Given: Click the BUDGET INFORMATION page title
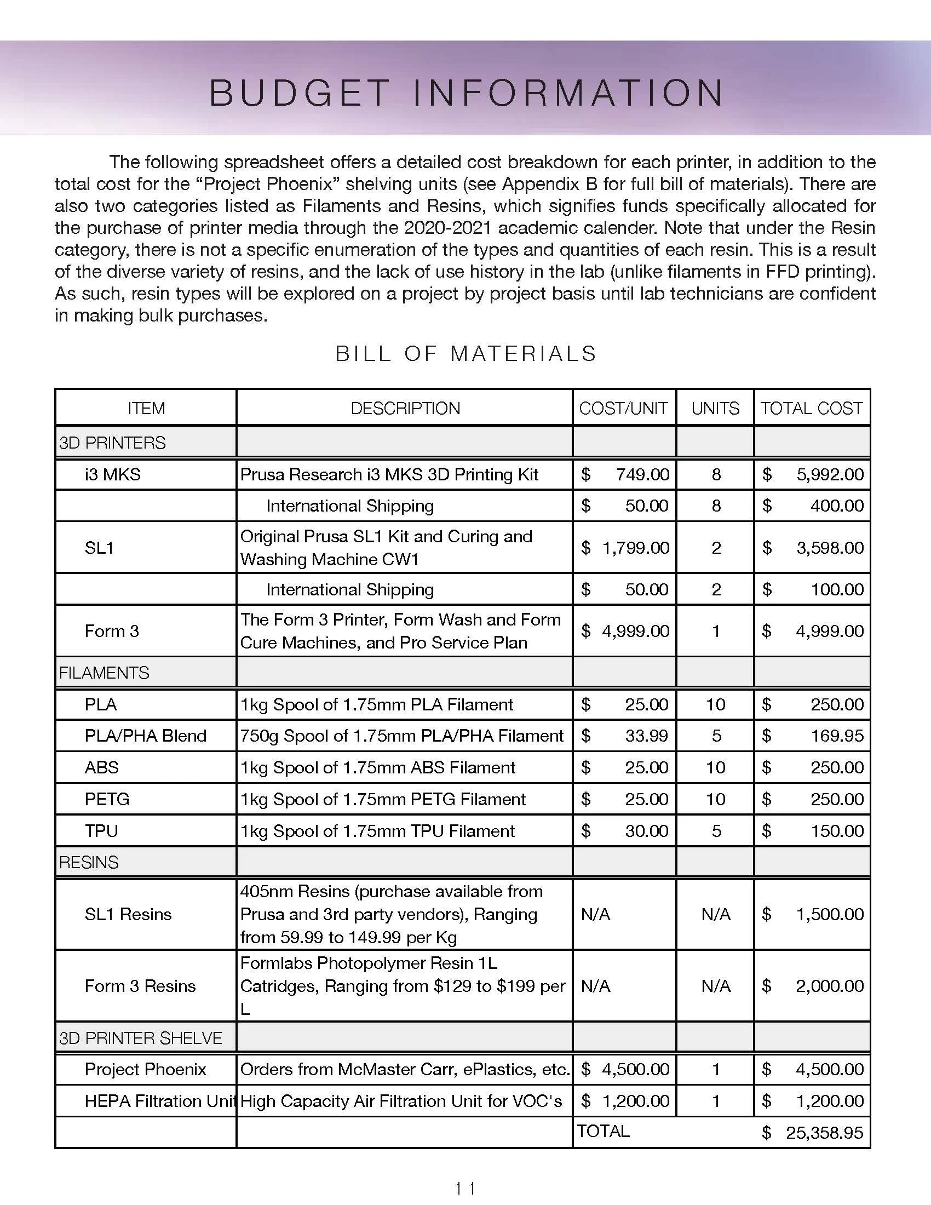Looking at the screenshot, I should click(x=466, y=92).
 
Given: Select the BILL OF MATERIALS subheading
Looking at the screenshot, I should click(x=466, y=354).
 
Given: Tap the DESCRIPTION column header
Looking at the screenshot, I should click(x=405, y=408).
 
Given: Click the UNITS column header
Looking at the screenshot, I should click(x=715, y=408).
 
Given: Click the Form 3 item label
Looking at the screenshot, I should click(x=111, y=631).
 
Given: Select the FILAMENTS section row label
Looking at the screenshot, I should click(x=104, y=673).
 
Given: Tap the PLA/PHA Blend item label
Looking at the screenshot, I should click(x=145, y=736).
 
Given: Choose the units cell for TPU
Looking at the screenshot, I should click(x=716, y=831).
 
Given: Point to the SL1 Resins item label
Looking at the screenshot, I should click(x=128, y=914).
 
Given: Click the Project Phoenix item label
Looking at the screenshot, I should click(x=145, y=1069).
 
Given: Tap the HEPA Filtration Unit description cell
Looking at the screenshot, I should click(x=401, y=1101).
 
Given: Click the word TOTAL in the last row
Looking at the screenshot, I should click(x=603, y=1131).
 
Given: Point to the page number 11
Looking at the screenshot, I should click(x=465, y=1187).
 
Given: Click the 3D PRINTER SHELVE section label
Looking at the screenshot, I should click(x=140, y=1038).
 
